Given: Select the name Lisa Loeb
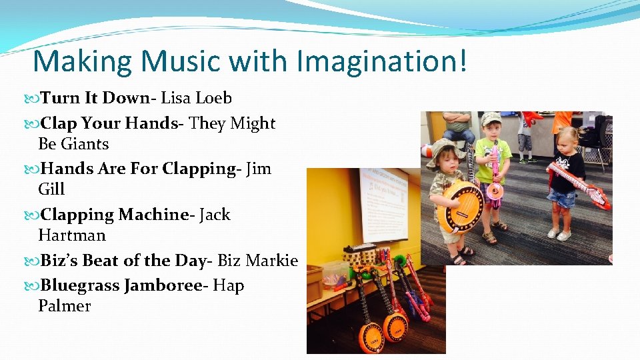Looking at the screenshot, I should click(x=196, y=98).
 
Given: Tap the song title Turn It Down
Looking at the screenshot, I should click(x=95, y=98).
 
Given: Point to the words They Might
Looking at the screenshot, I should click(x=232, y=123).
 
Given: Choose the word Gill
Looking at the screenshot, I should click(x=51, y=189).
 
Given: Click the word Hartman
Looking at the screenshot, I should click(x=71, y=235).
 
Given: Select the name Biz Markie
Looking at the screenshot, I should click(x=257, y=261).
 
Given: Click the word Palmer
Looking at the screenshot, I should click(x=64, y=306).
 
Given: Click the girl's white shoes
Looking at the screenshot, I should click(x=559, y=234).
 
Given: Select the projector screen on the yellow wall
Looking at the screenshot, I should click(x=385, y=204).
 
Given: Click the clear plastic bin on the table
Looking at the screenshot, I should click(x=335, y=273).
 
